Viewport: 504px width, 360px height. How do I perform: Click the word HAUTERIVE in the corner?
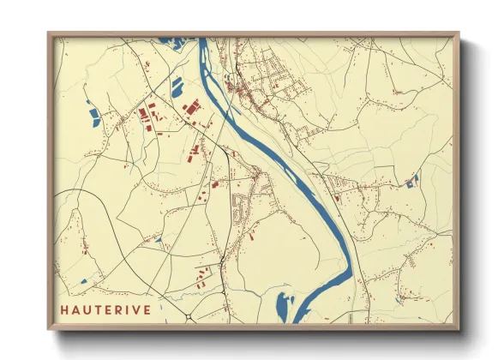[x=107, y=309]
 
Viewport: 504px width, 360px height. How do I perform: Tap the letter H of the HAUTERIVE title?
[x=65, y=309]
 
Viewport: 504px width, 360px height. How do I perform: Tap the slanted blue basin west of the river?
[x=177, y=87]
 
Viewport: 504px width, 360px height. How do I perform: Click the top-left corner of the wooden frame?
[x=50, y=35]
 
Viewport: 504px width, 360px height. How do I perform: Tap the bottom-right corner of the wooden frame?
[x=457, y=328]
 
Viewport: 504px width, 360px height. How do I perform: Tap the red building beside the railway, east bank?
[x=338, y=198]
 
